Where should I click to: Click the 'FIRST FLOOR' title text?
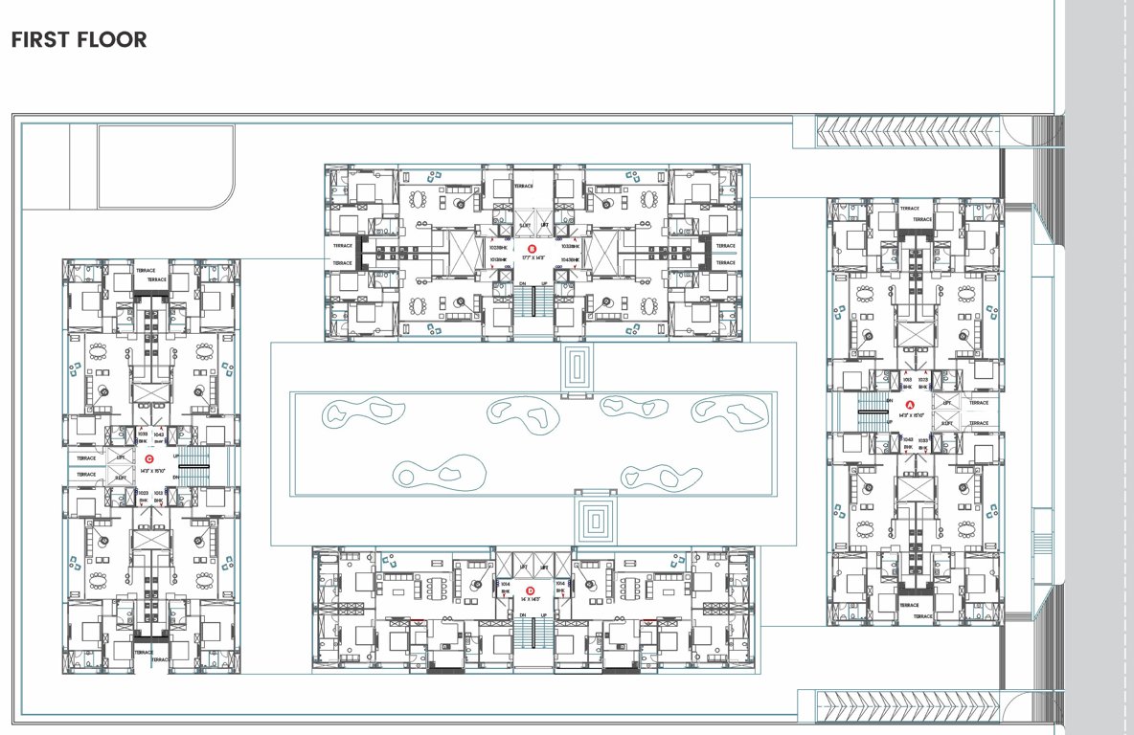[x=79, y=40]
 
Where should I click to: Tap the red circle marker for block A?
[x=896, y=404]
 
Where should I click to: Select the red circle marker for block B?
[x=518, y=248]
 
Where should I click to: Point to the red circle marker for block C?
[x=149, y=459]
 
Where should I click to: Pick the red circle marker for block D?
[x=523, y=590]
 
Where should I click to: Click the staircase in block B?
[x=533, y=305]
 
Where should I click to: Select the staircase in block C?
[x=193, y=476]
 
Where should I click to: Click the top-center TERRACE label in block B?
[x=523, y=187]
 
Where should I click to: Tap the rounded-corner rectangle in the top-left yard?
[x=166, y=167]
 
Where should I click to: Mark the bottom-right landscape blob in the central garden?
[x=650, y=476]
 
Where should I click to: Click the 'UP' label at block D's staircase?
[x=544, y=614]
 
